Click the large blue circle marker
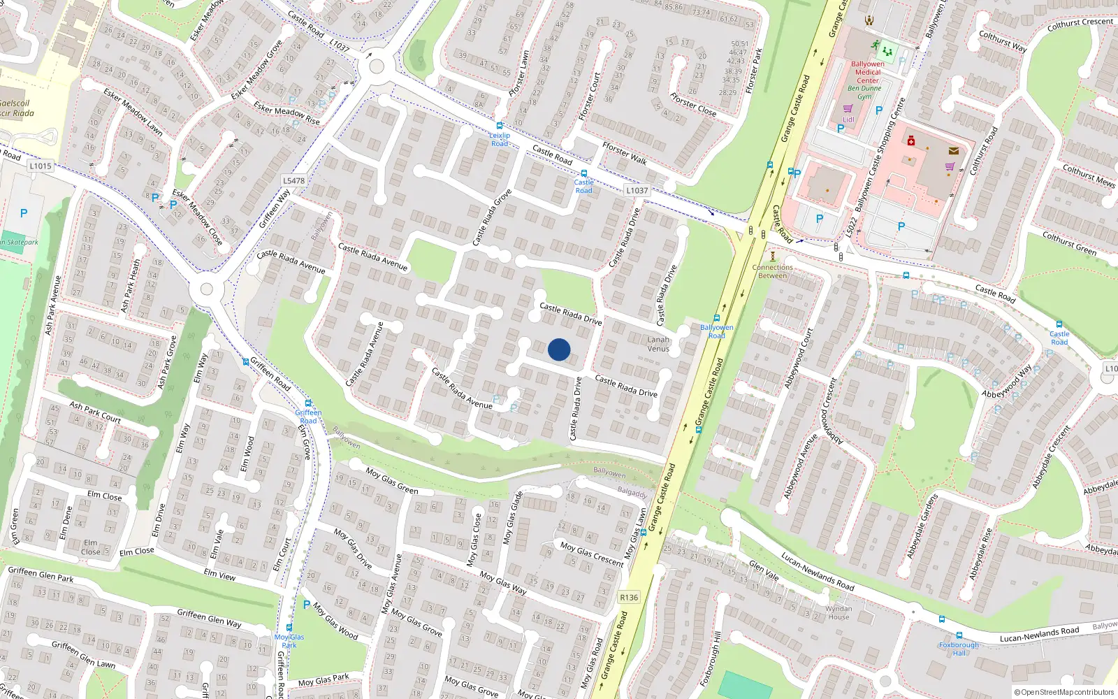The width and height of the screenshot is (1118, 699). [559, 349]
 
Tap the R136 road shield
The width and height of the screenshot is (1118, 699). [629, 597]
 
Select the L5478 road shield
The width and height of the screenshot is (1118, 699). [294, 180]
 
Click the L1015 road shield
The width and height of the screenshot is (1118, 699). [41, 166]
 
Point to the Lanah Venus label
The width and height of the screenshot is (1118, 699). [658, 344]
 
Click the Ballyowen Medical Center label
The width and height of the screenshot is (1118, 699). [868, 72]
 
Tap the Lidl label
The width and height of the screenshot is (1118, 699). [848, 120]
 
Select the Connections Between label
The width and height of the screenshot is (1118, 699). [772, 271]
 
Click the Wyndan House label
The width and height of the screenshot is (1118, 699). [838, 613]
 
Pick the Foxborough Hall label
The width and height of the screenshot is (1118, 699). [959, 649]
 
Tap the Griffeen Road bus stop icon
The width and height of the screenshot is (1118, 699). [308, 403]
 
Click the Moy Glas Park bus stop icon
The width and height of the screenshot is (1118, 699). [289, 627]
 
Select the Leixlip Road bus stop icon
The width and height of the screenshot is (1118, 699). [499, 126]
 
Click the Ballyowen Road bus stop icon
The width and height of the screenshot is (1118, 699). [716, 319]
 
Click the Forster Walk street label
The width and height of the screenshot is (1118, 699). [624, 153]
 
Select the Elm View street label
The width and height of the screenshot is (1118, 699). [219, 574]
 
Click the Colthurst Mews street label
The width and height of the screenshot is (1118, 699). [1088, 175]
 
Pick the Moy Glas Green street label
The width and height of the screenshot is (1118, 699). [391, 481]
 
